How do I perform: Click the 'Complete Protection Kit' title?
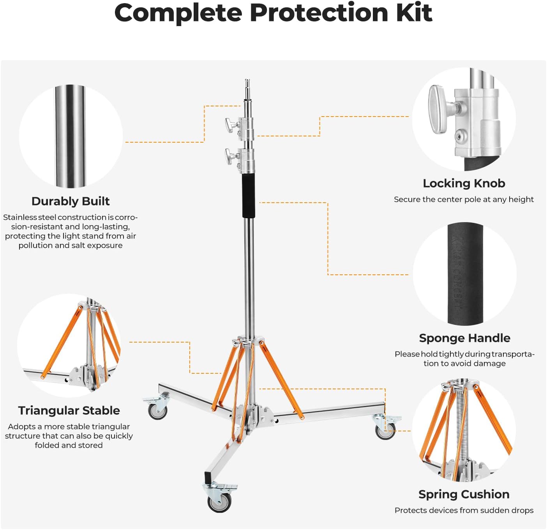pos(273,13)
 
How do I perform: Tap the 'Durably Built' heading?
pos(71,201)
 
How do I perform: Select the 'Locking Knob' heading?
pos(464,183)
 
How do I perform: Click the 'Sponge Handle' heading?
pos(464,338)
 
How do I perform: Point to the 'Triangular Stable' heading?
pos(69,410)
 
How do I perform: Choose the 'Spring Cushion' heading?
pos(464,494)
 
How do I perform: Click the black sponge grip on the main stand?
pos(249,196)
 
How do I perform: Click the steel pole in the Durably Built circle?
pos(70,136)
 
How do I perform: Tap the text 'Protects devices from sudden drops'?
pos(464,510)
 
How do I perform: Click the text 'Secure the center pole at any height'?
pos(464,200)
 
